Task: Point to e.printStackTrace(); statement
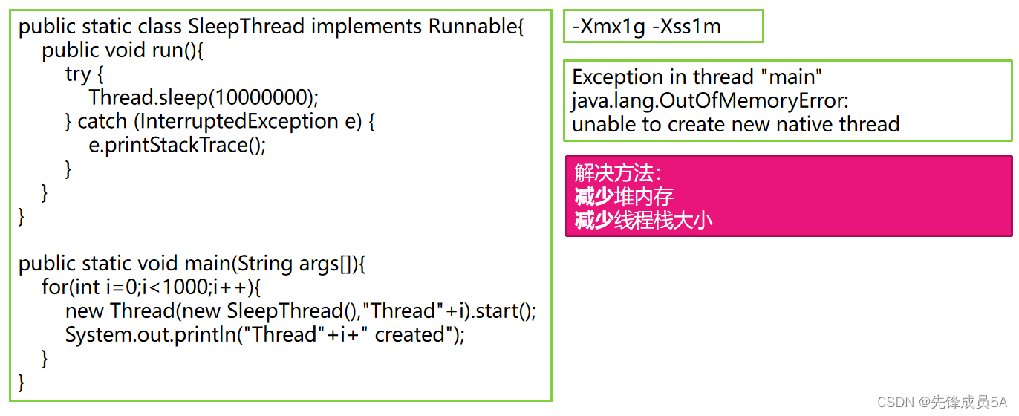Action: click(177, 145)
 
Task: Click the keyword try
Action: click(78, 74)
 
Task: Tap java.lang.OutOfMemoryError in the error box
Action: click(709, 100)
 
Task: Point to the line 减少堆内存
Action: click(624, 197)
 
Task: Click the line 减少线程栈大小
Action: click(643, 221)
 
